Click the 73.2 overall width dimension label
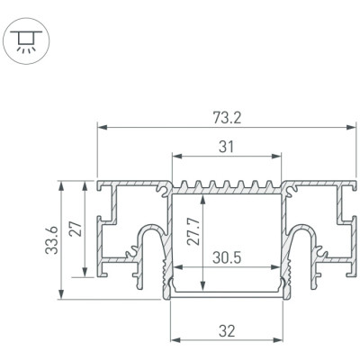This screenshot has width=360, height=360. [227, 118]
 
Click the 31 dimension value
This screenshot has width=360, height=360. [226, 147]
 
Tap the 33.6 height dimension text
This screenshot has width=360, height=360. [51, 240]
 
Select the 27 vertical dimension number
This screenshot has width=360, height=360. [76, 229]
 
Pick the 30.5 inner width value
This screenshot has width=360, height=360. [227, 257]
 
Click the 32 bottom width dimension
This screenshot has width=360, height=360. [227, 331]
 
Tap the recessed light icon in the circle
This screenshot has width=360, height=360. [26, 41]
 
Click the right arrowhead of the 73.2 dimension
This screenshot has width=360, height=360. [351, 128]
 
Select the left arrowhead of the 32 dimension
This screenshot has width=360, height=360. [175, 340]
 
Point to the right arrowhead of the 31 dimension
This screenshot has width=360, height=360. [276, 156]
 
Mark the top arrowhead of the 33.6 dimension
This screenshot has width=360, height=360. [61, 185]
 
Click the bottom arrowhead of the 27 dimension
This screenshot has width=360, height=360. [85, 273]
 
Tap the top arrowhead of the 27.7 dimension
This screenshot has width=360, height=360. [203, 200]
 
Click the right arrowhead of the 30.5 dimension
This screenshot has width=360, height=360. [275, 267]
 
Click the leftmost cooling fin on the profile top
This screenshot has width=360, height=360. [184, 184]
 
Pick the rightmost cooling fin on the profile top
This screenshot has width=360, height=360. [269, 184]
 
